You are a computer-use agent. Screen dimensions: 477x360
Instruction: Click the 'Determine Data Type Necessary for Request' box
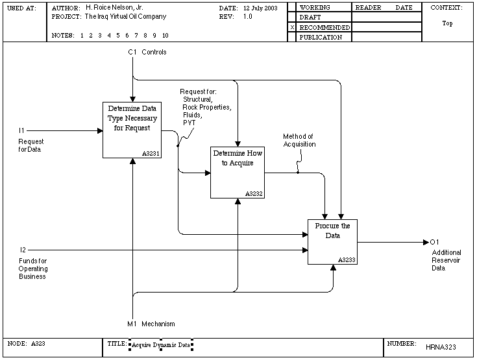(132, 130)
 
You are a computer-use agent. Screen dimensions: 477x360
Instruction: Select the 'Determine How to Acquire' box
(238, 173)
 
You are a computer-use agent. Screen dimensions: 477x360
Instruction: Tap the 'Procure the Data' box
(332, 242)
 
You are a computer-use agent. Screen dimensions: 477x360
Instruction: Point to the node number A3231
(151, 154)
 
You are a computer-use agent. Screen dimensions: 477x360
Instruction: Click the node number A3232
(254, 194)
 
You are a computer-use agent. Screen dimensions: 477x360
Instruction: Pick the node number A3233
(347, 259)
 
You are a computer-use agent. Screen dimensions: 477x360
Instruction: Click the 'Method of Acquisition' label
(299, 140)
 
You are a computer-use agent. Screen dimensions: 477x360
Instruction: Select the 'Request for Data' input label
(31, 145)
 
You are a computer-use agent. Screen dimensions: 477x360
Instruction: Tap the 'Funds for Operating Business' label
(33, 269)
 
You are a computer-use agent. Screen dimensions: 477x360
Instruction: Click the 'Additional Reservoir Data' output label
(446, 260)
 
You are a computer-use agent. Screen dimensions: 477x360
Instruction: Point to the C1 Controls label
(147, 52)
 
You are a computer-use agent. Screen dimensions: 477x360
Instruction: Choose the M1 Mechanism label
(151, 324)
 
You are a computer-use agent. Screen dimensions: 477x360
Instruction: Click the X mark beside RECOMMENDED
(292, 27)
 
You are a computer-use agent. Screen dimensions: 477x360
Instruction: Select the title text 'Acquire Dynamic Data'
(161, 345)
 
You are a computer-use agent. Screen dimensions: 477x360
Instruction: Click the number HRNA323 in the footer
(441, 347)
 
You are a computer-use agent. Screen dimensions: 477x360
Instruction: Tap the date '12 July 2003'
(260, 8)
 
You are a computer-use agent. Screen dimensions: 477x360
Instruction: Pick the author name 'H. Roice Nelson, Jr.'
(114, 8)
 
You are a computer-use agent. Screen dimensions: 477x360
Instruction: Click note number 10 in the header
(165, 35)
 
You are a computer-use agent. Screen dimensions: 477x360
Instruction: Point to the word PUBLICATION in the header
(321, 37)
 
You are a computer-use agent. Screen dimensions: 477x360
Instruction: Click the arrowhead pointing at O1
(426, 243)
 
